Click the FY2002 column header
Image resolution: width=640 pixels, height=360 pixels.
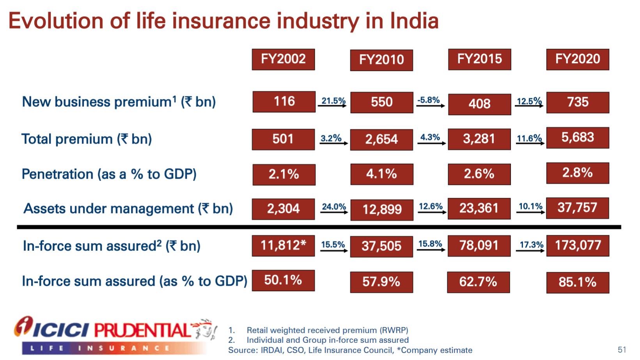[x=283, y=59]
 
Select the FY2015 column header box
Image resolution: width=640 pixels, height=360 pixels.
[x=479, y=59]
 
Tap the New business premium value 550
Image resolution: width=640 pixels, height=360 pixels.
[x=381, y=102]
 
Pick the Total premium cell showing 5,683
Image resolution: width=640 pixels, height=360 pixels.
[x=578, y=138]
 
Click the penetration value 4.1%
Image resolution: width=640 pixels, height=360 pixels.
[x=381, y=174]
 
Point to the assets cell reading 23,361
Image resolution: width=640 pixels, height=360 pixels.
[x=479, y=208]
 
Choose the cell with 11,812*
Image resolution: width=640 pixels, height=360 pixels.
[x=283, y=246]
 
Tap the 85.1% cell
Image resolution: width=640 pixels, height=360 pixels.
[x=578, y=282]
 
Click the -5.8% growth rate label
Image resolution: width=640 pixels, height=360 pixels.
[x=429, y=100]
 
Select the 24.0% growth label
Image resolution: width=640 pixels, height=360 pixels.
[x=334, y=207]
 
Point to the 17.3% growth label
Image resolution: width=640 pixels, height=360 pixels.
[x=531, y=245]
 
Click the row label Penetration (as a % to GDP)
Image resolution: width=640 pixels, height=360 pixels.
[x=109, y=174]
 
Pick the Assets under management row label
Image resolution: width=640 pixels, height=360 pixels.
[x=128, y=209]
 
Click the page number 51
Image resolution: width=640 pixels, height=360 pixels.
[x=622, y=350]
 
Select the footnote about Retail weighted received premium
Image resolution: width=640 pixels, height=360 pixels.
[x=327, y=330]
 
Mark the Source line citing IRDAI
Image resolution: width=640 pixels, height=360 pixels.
[x=350, y=350]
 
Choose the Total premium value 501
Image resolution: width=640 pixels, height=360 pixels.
[x=283, y=139]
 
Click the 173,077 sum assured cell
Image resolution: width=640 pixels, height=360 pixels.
[x=578, y=246]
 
